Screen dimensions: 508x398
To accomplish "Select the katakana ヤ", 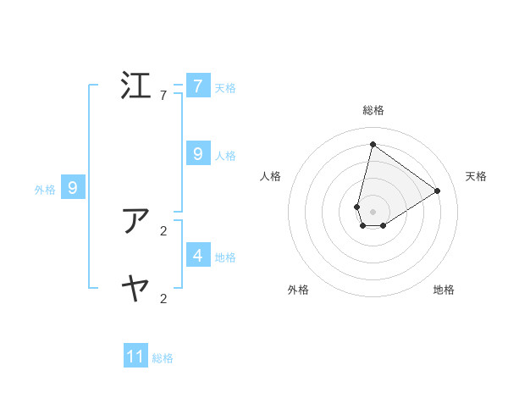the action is click(x=136, y=289).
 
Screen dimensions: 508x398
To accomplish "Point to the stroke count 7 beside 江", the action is click(x=163, y=96).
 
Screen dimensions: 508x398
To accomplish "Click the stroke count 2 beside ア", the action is click(x=163, y=230).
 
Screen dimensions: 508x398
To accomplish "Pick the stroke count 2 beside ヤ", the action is click(x=163, y=298).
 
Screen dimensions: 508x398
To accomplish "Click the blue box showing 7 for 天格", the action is click(x=197, y=86).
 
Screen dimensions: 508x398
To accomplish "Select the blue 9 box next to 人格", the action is click(x=197, y=154).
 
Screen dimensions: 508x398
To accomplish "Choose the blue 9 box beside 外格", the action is click(x=73, y=188).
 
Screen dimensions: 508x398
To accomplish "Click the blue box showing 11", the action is click(x=135, y=357).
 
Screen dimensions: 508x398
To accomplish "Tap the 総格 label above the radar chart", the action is click(x=373, y=110).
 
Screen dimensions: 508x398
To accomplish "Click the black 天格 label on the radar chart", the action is click(x=476, y=176).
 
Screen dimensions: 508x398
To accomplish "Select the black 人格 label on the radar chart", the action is click(x=270, y=176).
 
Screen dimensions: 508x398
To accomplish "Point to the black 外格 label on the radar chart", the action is click(x=298, y=290).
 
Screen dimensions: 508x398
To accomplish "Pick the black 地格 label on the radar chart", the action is click(x=444, y=290).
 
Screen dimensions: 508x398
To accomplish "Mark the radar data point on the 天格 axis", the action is click(x=437, y=191).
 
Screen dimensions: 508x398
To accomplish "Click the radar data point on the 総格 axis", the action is click(x=373, y=144).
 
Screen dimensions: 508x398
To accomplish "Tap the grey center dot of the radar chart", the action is click(x=373, y=211).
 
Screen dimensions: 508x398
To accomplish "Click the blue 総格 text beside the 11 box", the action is click(x=163, y=358).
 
